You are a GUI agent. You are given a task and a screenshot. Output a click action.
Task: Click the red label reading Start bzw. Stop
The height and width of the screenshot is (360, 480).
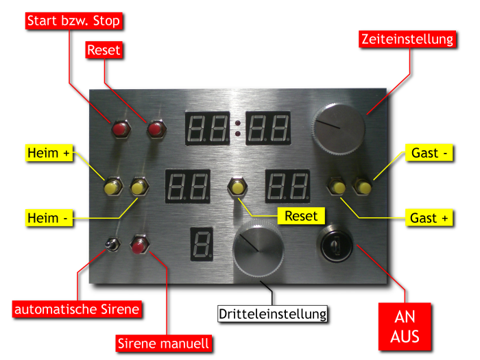point(74,21)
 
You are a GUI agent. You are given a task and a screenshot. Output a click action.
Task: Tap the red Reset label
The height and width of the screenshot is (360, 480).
point(104,50)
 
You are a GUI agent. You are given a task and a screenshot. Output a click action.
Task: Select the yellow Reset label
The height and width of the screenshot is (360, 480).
point(301,216)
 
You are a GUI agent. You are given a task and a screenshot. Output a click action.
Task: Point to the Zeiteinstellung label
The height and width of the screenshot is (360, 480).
point(407,39)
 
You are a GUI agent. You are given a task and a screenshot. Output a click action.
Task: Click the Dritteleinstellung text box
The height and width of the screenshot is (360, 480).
point(273,314)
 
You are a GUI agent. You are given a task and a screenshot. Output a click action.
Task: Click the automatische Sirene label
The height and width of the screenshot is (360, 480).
point(77,309)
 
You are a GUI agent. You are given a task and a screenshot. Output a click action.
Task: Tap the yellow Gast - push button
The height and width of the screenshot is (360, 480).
point(362,186)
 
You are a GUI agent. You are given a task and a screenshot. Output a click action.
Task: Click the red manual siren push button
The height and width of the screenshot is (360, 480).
point(139,245)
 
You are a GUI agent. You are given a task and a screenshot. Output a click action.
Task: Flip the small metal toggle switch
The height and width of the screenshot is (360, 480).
point(110,245)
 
